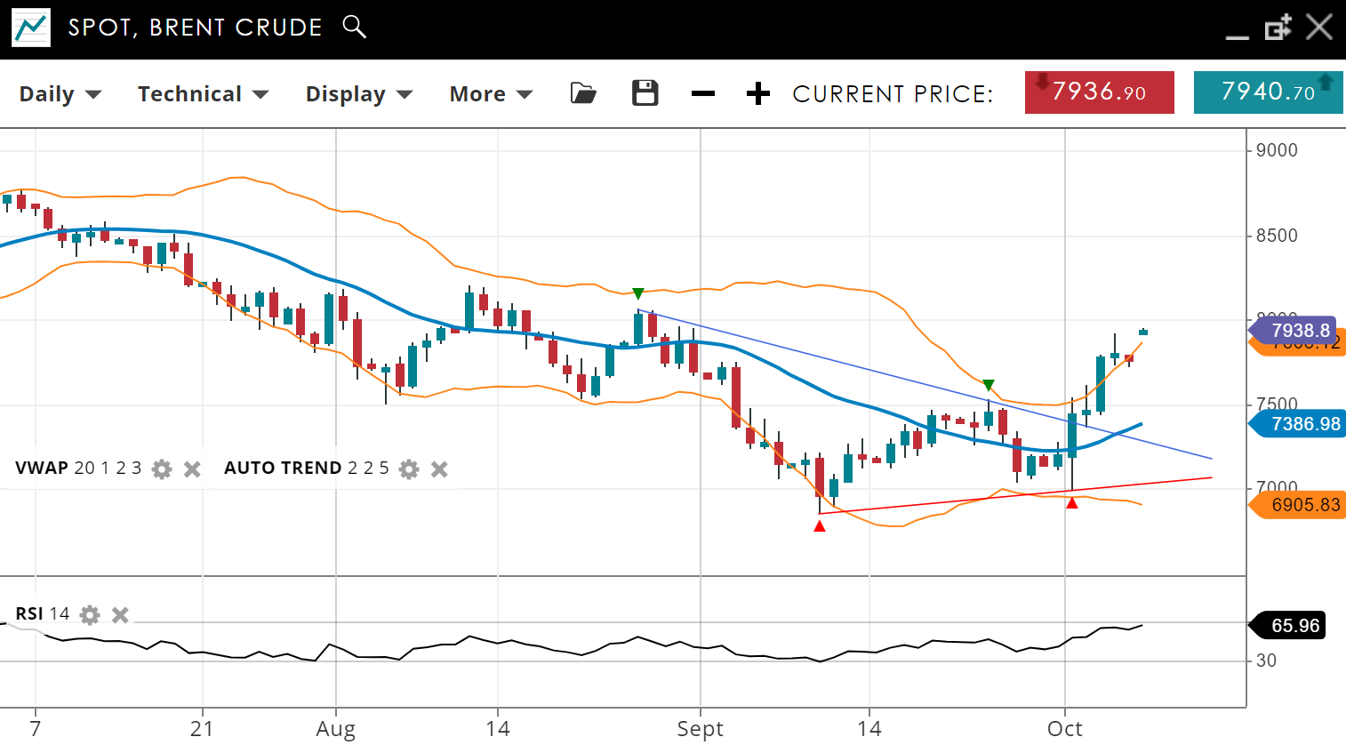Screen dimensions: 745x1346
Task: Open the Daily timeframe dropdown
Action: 60,94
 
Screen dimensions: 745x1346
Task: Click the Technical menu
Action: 202,94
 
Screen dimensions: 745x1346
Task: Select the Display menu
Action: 358,94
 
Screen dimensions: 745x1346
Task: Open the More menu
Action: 490,94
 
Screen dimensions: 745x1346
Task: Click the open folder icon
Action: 583,93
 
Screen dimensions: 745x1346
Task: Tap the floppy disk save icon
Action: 645,93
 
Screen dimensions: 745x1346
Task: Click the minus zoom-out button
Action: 702,93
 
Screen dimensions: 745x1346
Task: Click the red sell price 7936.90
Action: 1099,92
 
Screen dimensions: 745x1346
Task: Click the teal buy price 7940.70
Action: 1268,92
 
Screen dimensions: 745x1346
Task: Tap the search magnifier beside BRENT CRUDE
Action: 354,27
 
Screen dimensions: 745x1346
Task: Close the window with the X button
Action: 1319,27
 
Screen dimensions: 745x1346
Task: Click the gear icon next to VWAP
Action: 162,469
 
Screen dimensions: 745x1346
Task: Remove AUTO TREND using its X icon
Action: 439,469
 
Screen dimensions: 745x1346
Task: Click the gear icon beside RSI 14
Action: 90,614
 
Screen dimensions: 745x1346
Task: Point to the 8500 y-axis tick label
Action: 1277,236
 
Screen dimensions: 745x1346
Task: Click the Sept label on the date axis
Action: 700,729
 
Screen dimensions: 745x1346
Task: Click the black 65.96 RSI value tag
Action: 1294,626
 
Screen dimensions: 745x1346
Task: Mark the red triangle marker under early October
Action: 1072,503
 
